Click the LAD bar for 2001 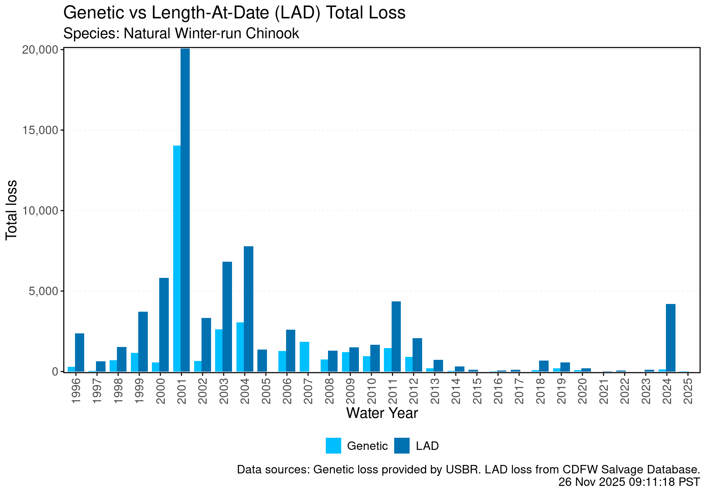tap(185, 210)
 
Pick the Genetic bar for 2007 tap(304, 357)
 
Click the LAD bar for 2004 tap(249, 309)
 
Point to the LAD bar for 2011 tap(396, 336)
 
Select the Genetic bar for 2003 tap(219, 350)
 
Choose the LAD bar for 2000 tap(164, 325)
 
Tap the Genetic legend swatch tap(333, 445)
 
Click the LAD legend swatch tap(402, 445)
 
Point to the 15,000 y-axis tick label tap(40, 130)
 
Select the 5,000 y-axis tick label tap(43, 291)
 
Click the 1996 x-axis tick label tap(76, 390)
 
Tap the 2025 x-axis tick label tap(688, 390)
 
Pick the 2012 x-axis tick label tap(414, 390)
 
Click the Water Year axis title tap(382, 413)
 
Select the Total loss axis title tap(12, 210)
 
